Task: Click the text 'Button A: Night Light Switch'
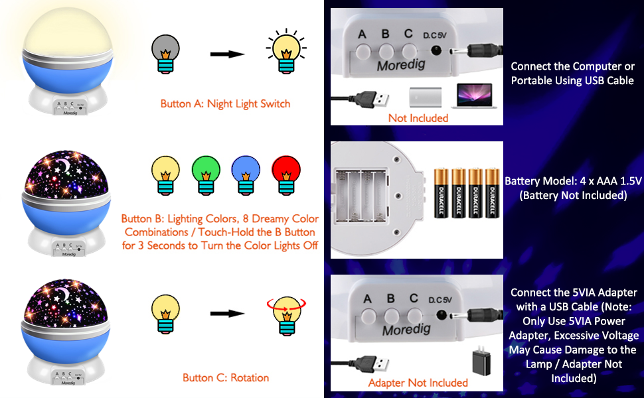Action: (x=226, y=103)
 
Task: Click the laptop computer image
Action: (x=472, y=96)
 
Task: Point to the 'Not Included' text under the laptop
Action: (x=418, y=118)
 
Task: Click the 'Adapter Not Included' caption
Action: (x=418, y=383)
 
